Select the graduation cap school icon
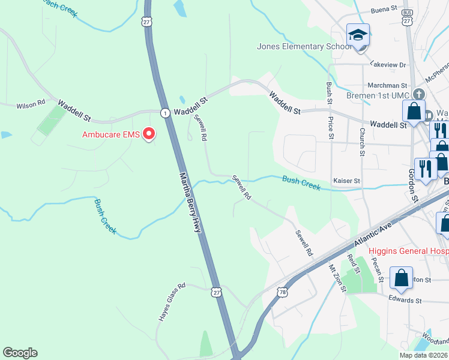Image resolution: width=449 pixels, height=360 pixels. tap(358, 36)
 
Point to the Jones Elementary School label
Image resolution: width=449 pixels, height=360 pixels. tap(304, 46)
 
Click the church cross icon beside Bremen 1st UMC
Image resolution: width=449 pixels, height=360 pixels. tap(419, 95)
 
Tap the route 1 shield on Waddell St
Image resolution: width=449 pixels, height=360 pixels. tap(164, 112)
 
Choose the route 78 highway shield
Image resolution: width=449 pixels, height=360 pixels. tap(282, 292)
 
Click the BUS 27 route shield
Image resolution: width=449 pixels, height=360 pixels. tap(408, 17)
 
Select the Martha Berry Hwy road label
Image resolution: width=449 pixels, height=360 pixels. tap(191, 204)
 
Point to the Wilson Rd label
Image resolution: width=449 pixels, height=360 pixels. tap(31, 104)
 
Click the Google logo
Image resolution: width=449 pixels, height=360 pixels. tap(20, 353)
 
